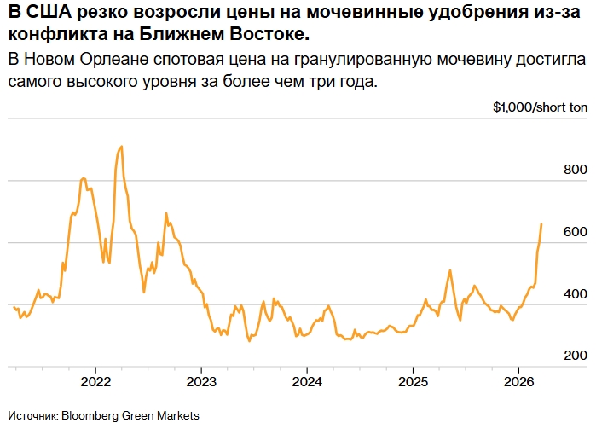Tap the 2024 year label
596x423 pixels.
306,381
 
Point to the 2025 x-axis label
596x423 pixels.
413,381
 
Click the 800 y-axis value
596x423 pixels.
576,171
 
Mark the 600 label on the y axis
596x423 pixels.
576,232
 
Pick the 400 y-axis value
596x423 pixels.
576,294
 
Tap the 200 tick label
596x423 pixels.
576,356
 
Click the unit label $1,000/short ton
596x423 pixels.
540,108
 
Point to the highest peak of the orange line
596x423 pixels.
121,146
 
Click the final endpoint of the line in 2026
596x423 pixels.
541,223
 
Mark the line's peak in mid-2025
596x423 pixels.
449,270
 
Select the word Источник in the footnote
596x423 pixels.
32,415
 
